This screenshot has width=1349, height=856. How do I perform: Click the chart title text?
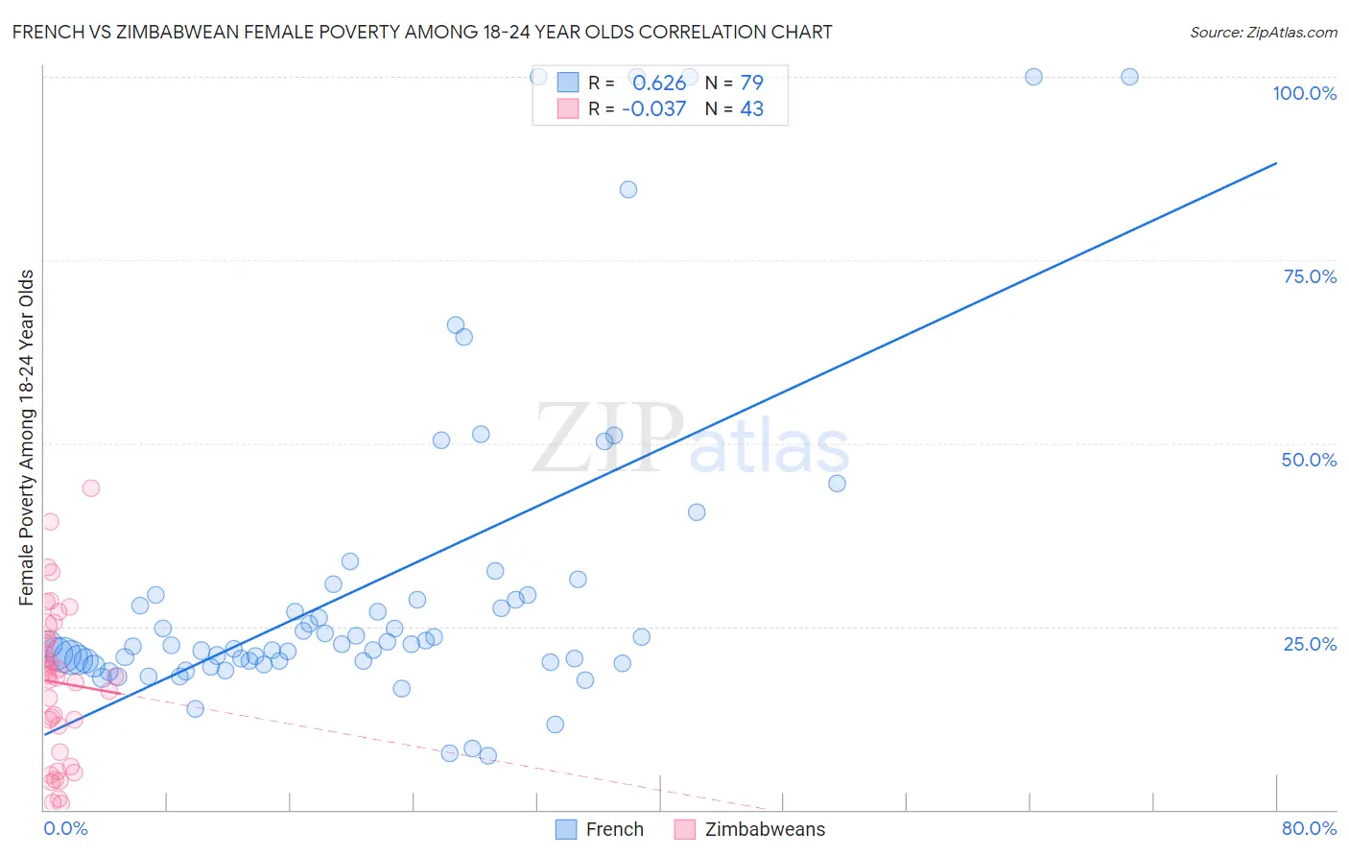[x=422, y=32]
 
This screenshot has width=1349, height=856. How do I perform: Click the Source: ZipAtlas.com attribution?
[x=1263, y=32]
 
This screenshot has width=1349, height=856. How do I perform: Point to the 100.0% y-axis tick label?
[x=1304, y=93]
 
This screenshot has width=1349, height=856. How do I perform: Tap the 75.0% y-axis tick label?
[x=1310, y=276]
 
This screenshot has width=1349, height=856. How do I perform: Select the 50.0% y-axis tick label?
[x=1309, y=460]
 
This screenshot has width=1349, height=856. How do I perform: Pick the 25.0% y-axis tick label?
[x=1310, y=643]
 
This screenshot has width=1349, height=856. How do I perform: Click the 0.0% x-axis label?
[x=65, y=828]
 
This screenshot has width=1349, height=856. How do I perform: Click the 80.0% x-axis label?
[x=1309, y=828]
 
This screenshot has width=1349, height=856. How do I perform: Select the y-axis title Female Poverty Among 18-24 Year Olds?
[x=27, y=438]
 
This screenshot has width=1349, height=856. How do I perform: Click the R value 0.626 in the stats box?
[x=659, y=83]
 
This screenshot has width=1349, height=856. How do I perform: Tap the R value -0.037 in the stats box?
[x=653, y=108]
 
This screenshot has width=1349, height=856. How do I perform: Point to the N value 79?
[x=751, y=83]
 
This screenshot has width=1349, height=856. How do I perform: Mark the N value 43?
[x=751, y=108]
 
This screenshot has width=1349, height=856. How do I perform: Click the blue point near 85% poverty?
[x=628, y=189]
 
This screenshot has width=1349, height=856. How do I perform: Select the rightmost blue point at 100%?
[x=1129, y=77]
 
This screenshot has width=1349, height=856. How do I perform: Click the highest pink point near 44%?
[x=91, y=487]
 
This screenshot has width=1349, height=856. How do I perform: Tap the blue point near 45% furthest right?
[x=837, y=483]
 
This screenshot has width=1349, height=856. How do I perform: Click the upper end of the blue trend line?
[x=1275, y=164]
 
